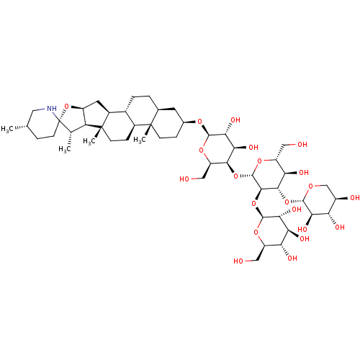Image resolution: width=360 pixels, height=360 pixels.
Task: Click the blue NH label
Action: click(51, 109)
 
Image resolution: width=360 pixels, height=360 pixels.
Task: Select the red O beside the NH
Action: click(67, 107)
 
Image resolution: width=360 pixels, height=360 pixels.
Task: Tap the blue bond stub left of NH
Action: click(41, 109)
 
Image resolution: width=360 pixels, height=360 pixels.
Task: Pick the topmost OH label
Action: click(235, 120)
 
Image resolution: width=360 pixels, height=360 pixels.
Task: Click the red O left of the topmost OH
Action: click(200, 122)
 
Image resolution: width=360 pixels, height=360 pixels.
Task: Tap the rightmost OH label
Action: click(355, 198)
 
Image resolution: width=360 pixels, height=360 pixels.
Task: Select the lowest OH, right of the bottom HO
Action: click(292, 258)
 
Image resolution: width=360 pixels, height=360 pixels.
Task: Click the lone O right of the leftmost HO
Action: click(235, 176)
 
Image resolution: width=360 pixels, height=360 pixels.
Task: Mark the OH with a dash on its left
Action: click(302, 145)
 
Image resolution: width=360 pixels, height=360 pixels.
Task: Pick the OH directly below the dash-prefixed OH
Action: click(304, 173)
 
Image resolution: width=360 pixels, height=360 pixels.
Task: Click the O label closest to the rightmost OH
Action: click(310, 186)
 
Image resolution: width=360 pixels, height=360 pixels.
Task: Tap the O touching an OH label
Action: click(287, 202)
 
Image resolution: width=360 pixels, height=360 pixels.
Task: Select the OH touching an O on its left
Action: click(297, 210)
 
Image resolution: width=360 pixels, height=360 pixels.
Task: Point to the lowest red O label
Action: click(256, 233)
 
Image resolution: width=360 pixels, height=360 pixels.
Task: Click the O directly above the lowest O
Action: click(253, 204)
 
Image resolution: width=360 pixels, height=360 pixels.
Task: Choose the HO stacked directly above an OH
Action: click(302, 230)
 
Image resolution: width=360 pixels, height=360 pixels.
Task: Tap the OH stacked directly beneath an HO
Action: click(305, 239)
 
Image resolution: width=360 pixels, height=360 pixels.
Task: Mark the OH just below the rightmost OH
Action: click(339, 228)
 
